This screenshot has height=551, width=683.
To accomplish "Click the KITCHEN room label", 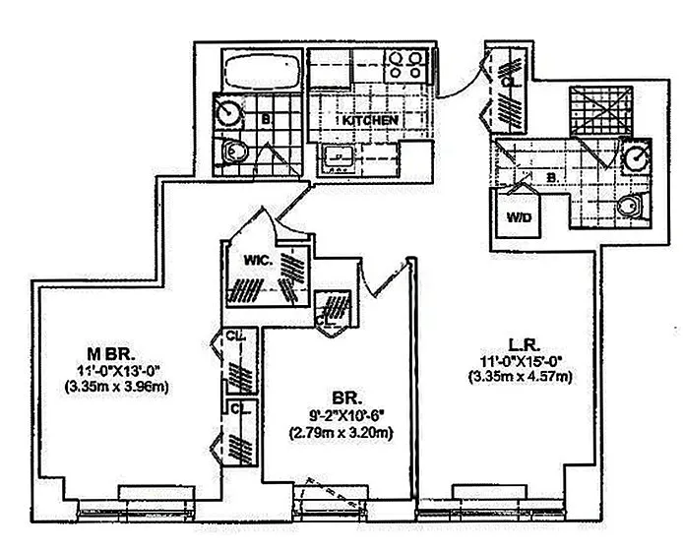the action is click(370, 120).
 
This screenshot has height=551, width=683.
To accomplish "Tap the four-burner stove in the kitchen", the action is click(404, 64).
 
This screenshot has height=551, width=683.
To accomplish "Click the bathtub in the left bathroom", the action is click(259, 71).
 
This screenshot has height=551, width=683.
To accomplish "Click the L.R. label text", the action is click(521, 344).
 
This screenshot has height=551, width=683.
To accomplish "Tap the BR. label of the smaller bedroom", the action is click(347, 398).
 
